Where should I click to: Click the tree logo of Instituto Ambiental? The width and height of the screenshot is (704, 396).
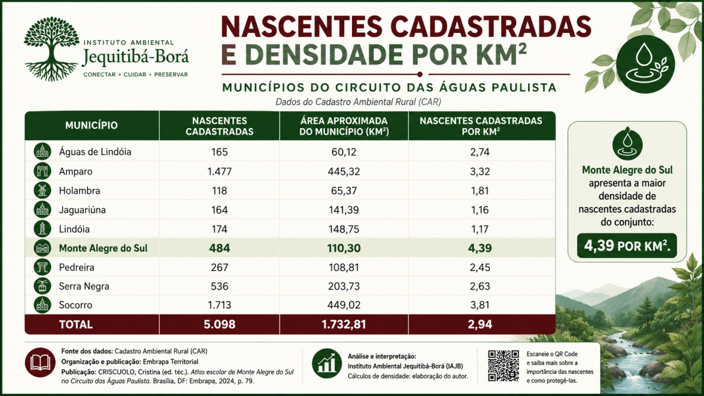click(52, 49)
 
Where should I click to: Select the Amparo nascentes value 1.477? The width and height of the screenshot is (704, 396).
click(219, 171)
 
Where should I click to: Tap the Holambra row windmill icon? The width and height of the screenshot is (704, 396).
click(42, 190)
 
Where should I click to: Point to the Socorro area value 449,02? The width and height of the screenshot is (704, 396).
click(344, 305)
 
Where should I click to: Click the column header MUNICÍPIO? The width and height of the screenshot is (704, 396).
click(92, 126)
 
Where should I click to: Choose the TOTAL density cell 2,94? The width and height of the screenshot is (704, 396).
click(480, 324)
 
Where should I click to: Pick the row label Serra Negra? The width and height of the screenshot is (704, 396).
click(84, 286)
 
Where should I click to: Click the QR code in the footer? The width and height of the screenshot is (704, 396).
click(503, 365)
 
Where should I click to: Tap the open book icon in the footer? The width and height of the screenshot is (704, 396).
click(40, 363)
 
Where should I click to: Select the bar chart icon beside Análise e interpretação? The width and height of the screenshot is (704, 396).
click(327, 364)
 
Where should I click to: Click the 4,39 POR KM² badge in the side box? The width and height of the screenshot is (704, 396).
click(627, 246)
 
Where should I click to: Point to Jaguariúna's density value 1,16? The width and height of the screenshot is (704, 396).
click(480, 210)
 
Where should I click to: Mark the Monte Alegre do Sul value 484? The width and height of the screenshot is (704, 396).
click(219, 248)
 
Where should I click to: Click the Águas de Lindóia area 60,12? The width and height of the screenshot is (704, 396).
click(344, 152)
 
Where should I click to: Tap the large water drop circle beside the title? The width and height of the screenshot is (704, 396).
click(645, 64)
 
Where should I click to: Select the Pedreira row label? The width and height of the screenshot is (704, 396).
click(77, 268)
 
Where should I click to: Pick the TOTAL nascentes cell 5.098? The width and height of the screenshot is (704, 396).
click(219, 324)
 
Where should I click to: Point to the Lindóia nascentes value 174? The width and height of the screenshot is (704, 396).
click(219, 229)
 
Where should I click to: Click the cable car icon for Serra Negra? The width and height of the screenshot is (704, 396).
click(42, 286)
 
